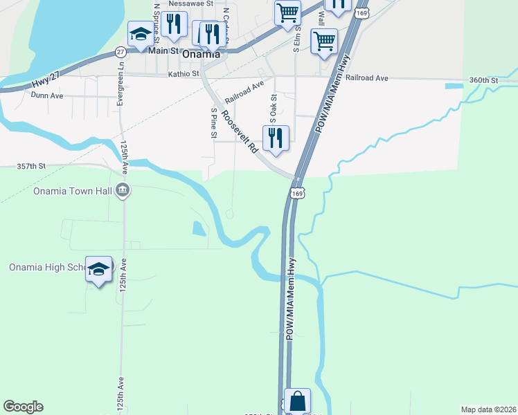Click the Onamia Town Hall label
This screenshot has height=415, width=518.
[73, 191]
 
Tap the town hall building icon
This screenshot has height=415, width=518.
[123, 190]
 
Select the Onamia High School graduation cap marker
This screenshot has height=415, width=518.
[98, 269]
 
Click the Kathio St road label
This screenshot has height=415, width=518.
[184, 73]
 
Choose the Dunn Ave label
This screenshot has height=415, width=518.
[46, 96]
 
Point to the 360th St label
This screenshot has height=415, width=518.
[483, 80]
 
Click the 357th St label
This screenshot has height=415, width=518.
[30, 167]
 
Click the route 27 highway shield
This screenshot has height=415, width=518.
[120, 51]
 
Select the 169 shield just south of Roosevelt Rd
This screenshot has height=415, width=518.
[297, 194]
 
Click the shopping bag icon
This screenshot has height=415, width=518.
[297, 401]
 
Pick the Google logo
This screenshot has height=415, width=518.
[23, 407]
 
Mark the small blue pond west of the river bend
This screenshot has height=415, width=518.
[199, 229]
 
